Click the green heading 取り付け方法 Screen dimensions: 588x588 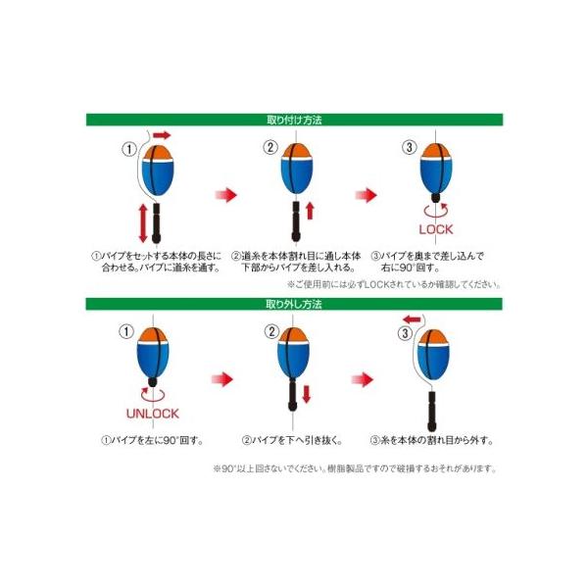pyautogui.click(x=293, y=120)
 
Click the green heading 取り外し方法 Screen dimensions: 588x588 pyautogui.click(x=293, y=305)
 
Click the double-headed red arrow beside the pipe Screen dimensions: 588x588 pyautogui.click(x=145, y=223)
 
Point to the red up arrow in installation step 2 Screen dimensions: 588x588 pyautogui.click(x=310, y=211)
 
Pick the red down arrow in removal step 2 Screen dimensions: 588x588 pyautogui.click(x=305, y=394)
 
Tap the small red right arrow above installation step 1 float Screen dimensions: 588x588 pyautogui.click(x=161, y=133)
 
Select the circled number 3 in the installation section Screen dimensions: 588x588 pyautogui.click(x=409, y=149)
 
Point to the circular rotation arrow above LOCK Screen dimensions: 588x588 pyautogui.click(x=434, y=209)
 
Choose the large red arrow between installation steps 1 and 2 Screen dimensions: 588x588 pyautogui.click(x=226, y=196)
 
